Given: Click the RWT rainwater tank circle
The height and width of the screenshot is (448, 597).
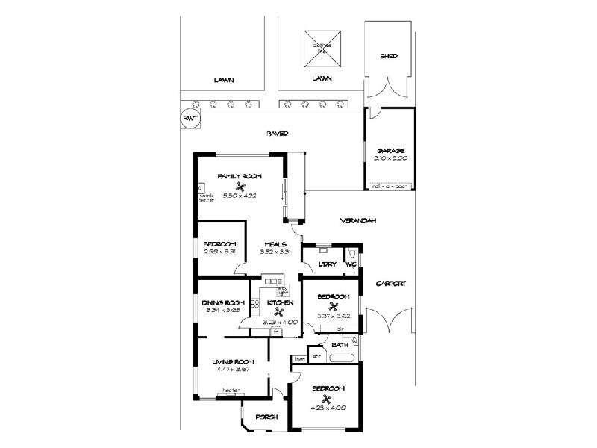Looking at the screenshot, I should point(190,119).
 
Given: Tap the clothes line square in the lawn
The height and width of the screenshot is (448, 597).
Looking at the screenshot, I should point(322,48).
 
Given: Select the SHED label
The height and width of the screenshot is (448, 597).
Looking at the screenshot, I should point(388,56).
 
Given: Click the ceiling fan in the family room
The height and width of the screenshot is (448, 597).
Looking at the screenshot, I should point(240,187).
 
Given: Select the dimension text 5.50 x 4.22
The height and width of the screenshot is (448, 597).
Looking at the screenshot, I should point(240,196).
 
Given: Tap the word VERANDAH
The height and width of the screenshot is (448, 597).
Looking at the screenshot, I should point(357,221).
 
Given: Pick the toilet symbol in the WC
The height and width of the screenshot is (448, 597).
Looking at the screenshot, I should point(353,254).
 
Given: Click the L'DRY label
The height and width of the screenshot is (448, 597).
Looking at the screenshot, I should point(327,264).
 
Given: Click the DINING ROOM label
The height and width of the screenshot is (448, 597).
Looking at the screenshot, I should point(224,302).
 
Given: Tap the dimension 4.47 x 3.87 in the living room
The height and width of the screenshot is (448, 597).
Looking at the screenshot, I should point(230,370).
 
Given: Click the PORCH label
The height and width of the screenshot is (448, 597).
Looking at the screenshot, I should point(266,417).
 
